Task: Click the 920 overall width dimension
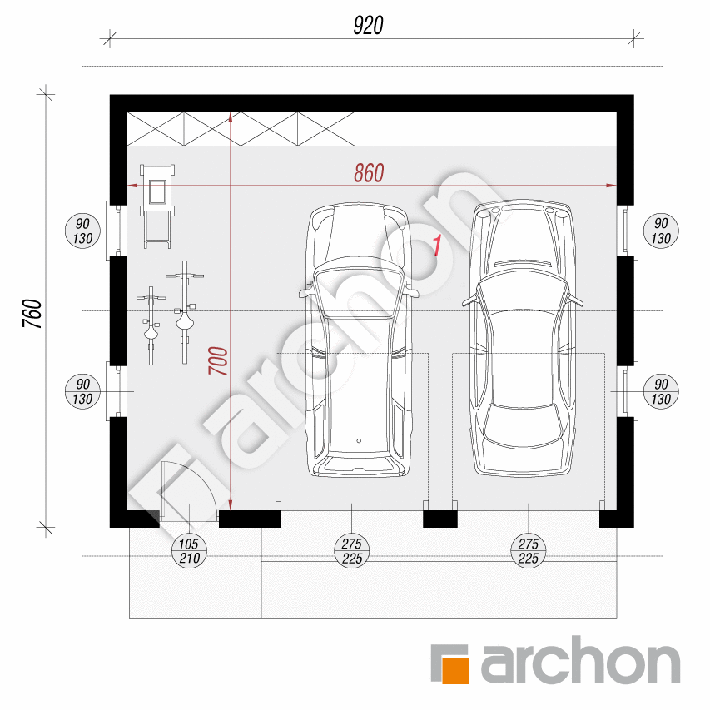[368, 25]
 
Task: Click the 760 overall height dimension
[32, 313]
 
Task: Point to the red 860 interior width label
[369, 173]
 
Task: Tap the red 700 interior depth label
[218, 360]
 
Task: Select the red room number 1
[437, 246]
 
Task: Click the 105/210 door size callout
[189, 551]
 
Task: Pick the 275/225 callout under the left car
[352, 551]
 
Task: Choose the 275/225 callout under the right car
[529, 551]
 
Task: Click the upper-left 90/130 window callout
[82, 231]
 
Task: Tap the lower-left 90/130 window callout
[82, 392]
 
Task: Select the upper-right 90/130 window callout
[661, 231]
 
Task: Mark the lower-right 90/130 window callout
[661, 392]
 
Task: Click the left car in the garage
[359, 340]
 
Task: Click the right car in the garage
[523, 338]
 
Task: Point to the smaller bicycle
[151, 325]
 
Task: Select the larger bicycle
[184, 312]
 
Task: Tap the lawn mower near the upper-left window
[157, 206]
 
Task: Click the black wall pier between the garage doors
[440, 519]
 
